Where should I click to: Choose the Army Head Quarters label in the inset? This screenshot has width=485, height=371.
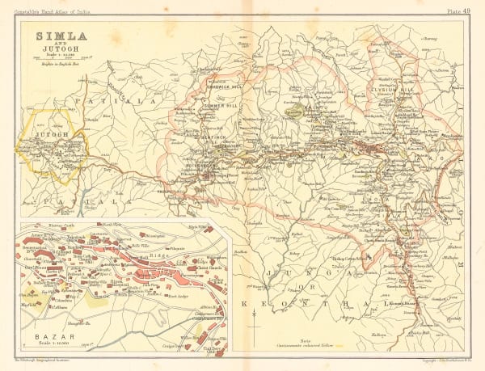click(48, 242)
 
